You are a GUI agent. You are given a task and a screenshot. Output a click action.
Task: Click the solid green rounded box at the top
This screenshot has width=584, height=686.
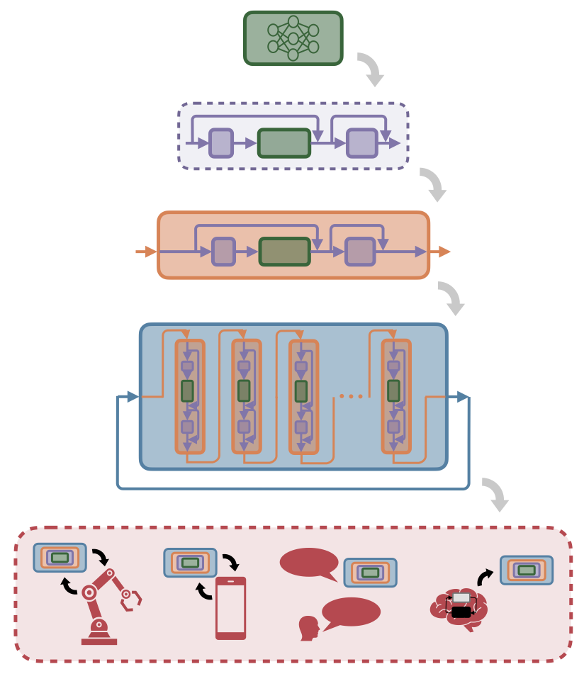(293, 38)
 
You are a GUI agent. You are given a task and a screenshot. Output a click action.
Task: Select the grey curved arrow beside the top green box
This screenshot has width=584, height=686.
(371, 69)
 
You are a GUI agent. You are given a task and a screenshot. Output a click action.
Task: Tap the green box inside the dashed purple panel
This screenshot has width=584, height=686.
(284, 143)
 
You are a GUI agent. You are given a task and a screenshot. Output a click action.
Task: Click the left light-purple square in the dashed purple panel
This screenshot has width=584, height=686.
(221, 143)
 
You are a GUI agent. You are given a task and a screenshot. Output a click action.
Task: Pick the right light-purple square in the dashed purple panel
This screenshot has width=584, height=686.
(361, 143)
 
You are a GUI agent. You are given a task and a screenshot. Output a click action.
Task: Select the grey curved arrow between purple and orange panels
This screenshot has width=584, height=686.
(434, 184)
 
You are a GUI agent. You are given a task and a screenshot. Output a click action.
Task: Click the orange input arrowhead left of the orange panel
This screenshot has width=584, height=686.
(150, 252)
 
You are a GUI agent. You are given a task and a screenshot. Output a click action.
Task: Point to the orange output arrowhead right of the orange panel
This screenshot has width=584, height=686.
(444, 252)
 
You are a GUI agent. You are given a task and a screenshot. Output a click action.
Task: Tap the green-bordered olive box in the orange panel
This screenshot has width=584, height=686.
(285, 252)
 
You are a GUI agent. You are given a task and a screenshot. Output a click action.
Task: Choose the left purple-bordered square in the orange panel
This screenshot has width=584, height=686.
(223, 252)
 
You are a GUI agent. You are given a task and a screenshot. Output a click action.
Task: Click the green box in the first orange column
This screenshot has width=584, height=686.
(187, 390)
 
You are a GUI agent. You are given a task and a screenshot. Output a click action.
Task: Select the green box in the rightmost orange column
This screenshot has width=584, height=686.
(393, 390)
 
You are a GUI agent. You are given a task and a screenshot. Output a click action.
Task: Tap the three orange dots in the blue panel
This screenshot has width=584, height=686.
(351, 396)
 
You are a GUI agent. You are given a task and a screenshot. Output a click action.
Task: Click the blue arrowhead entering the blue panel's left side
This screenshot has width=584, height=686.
(132, 397)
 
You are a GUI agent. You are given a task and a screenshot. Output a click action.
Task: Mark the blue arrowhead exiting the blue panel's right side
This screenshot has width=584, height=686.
(463, 397)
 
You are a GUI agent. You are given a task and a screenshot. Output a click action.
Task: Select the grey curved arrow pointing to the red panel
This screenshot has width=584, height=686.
(496, 494)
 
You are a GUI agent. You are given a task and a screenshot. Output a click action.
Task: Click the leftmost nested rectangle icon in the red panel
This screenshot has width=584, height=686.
(60, 558)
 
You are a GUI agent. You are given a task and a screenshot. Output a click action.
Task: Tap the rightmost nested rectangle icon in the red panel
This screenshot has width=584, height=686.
(527, 570)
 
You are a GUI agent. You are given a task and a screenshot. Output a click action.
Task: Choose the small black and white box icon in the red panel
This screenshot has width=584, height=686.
(461, 605)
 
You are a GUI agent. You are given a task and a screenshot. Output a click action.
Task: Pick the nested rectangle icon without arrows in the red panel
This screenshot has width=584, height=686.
(371, 573)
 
